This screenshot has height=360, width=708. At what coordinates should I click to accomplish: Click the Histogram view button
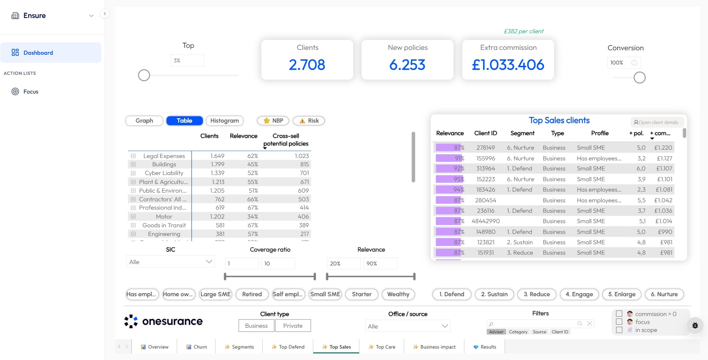point(225,121)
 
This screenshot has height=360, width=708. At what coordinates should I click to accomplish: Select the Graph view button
point(144,121)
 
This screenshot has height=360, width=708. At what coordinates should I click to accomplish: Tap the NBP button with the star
point(273,121)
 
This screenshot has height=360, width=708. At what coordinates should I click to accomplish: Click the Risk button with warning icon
point(309,121)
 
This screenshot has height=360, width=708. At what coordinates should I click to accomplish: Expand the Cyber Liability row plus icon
point(133,173)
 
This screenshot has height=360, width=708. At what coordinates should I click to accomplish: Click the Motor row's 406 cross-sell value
point(303,217)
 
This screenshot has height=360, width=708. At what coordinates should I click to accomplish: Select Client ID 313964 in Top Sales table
point(486,168)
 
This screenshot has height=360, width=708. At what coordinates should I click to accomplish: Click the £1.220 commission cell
point(663,148)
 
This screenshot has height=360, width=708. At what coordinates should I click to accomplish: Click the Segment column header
point(522,133)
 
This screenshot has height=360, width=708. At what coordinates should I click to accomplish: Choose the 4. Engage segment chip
point(579,294)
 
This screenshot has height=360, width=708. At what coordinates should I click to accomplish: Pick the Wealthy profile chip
point(398,294)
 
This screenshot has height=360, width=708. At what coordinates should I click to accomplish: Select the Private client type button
point(292,326)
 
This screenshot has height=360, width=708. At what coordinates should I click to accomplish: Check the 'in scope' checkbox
point(619,330)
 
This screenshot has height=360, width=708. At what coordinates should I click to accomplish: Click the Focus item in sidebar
point(30,91)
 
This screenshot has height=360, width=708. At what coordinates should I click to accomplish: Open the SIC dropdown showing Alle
point(171,262)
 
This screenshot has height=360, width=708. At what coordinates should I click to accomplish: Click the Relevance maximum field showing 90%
point(379,263)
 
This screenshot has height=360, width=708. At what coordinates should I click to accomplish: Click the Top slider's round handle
point(144,75)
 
